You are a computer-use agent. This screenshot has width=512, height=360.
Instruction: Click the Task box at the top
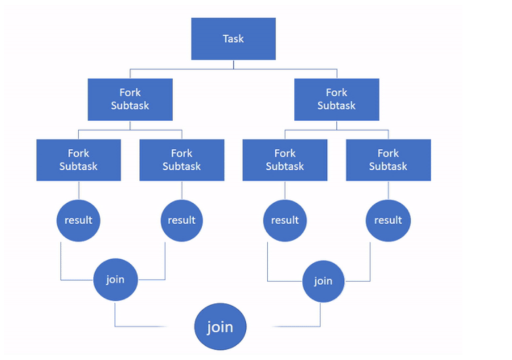point(233,38)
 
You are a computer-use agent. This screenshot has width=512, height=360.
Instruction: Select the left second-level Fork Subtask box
point(130,100)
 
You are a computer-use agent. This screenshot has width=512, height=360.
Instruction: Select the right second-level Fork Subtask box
point(336,100)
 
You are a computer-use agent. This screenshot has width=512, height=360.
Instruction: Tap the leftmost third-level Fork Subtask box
point(78,160)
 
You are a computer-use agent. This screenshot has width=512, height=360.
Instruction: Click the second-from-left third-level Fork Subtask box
point(182,160)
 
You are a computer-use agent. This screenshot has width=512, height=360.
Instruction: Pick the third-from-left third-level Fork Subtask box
point(285,160)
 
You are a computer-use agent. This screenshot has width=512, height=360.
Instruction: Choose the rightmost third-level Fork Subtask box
point(388,160)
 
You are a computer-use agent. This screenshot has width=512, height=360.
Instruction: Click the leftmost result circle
point(78,220)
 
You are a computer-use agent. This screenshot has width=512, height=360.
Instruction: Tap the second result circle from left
point(182,220)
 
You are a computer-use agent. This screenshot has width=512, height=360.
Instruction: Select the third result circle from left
point(285,220)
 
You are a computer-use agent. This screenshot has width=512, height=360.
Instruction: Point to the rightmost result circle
point(388,220)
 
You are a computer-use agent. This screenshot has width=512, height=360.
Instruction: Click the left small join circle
point(115,279)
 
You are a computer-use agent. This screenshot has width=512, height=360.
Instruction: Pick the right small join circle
point(323,281)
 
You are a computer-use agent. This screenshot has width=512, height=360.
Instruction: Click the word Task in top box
point(233,38)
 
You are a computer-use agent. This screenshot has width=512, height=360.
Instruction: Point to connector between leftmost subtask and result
point(78,190)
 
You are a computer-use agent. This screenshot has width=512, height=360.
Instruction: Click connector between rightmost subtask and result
point(388,190)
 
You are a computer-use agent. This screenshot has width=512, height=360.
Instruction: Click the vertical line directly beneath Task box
point(233,65)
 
